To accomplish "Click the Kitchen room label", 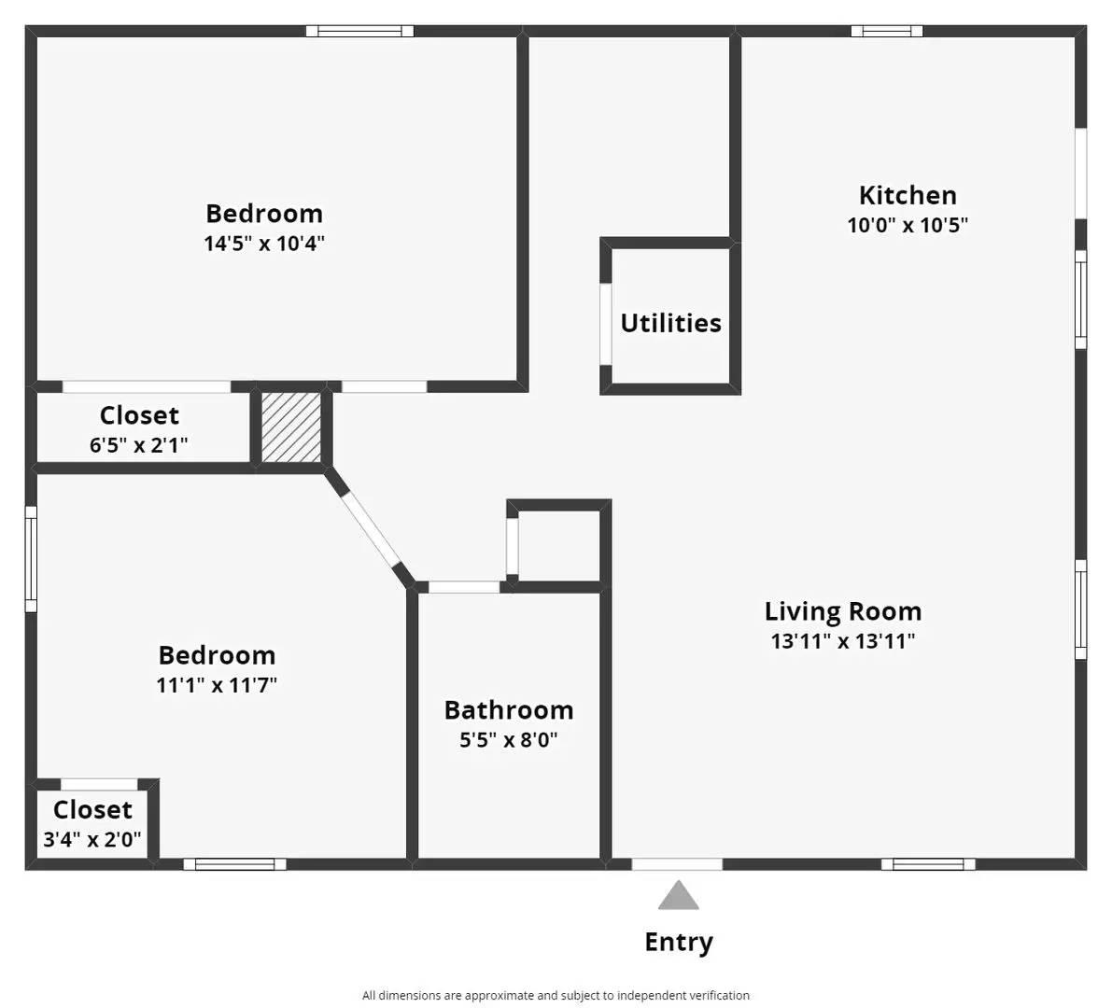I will point(908,195).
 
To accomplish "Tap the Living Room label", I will point(843,611).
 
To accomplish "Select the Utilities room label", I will point(670,323).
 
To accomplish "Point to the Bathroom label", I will point(509,710).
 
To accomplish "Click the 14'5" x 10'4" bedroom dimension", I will point(264,244).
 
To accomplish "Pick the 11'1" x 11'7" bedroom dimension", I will point(217,685).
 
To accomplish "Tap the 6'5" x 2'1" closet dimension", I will point(139,444).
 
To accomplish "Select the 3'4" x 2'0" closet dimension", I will point(92,839).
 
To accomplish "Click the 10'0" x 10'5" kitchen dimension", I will point(908,225).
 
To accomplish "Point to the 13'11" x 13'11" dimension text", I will point(843,641).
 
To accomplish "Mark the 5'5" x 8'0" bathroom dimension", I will point(509,740).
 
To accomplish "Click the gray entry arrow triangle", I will point(678,897).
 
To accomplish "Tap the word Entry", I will point(679,942).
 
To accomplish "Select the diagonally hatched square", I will point(291,427).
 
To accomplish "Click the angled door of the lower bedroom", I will point(371,530).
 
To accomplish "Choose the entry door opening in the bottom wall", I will point(677,864).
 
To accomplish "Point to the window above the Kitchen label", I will point(887,31).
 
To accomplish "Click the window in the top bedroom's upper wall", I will point(360,31).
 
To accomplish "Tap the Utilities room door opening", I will point(605,323).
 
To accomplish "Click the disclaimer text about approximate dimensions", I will point(556,995).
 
